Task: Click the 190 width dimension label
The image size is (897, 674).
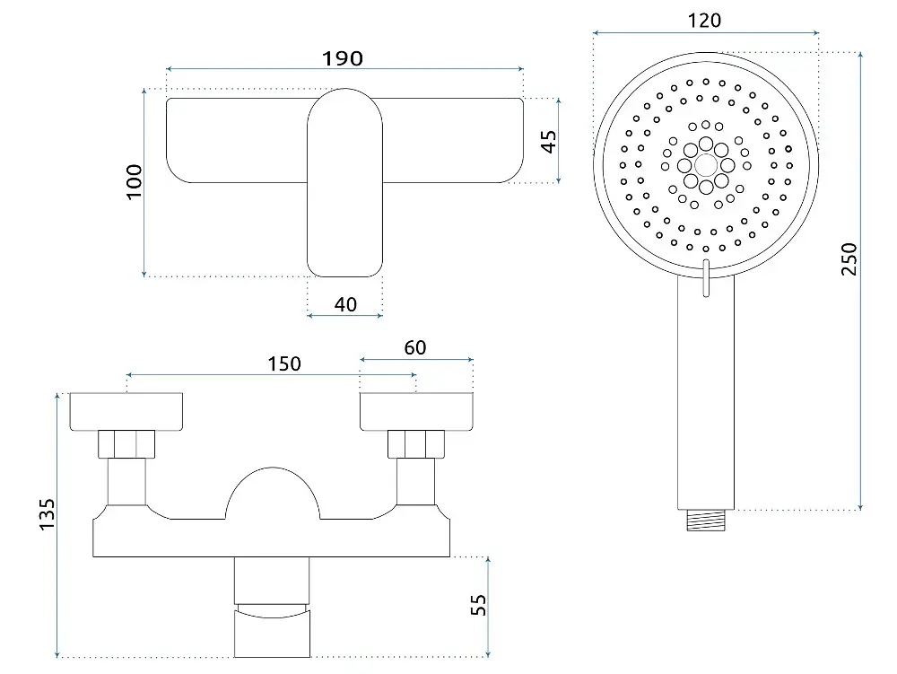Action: tap(342, 58)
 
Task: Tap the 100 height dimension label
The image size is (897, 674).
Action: tap(134, 182)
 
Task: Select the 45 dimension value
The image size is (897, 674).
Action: tap(548, 141)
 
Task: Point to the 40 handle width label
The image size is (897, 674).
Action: tap(345, 304)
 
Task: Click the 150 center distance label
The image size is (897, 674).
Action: tap(284, 363)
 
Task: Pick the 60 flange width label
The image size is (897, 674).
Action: tap(414, 348)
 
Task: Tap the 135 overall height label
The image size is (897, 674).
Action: tap(47, 514)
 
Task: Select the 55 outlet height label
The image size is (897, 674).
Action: tap(478, 605)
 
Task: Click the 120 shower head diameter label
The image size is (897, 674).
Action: tap(704, 21)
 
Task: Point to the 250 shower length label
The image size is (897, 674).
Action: tap(849, 259)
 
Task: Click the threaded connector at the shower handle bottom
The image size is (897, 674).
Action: tap(705, 521)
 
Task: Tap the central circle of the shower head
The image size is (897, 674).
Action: tap(706, 166)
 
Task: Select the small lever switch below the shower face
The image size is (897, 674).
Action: tap(706, 278)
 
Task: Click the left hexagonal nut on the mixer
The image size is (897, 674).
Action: tap(126, 444)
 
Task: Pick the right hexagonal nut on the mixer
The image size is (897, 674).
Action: tap(416, 444)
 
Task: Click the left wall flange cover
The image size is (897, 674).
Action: tap(126, 411)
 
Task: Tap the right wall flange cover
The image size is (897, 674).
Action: tap(416, 411)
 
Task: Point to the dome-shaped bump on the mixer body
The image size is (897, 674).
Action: tap(273, 491)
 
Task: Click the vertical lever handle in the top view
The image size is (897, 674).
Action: tap(345, 182)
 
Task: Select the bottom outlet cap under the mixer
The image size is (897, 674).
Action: tap(273, 633)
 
